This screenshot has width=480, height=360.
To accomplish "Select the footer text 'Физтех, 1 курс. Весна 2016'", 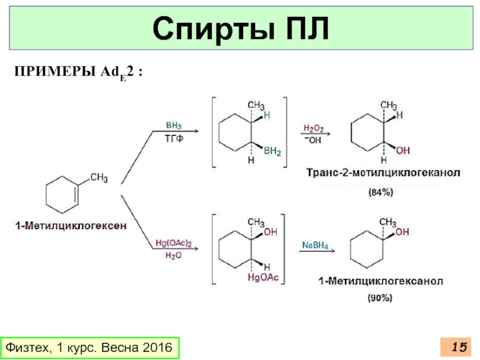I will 89,347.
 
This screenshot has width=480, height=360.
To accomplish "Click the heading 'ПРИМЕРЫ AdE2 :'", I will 79,72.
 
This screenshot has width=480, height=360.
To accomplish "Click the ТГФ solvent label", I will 173,139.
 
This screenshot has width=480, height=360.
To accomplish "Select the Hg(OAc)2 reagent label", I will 173,243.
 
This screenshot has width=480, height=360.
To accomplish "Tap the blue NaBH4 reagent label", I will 314,245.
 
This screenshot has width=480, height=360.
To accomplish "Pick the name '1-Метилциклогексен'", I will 71,226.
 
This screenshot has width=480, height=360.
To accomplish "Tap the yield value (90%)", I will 380,297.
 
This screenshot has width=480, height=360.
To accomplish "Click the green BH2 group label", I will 272,152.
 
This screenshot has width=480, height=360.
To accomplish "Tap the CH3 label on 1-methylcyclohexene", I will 99,177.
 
